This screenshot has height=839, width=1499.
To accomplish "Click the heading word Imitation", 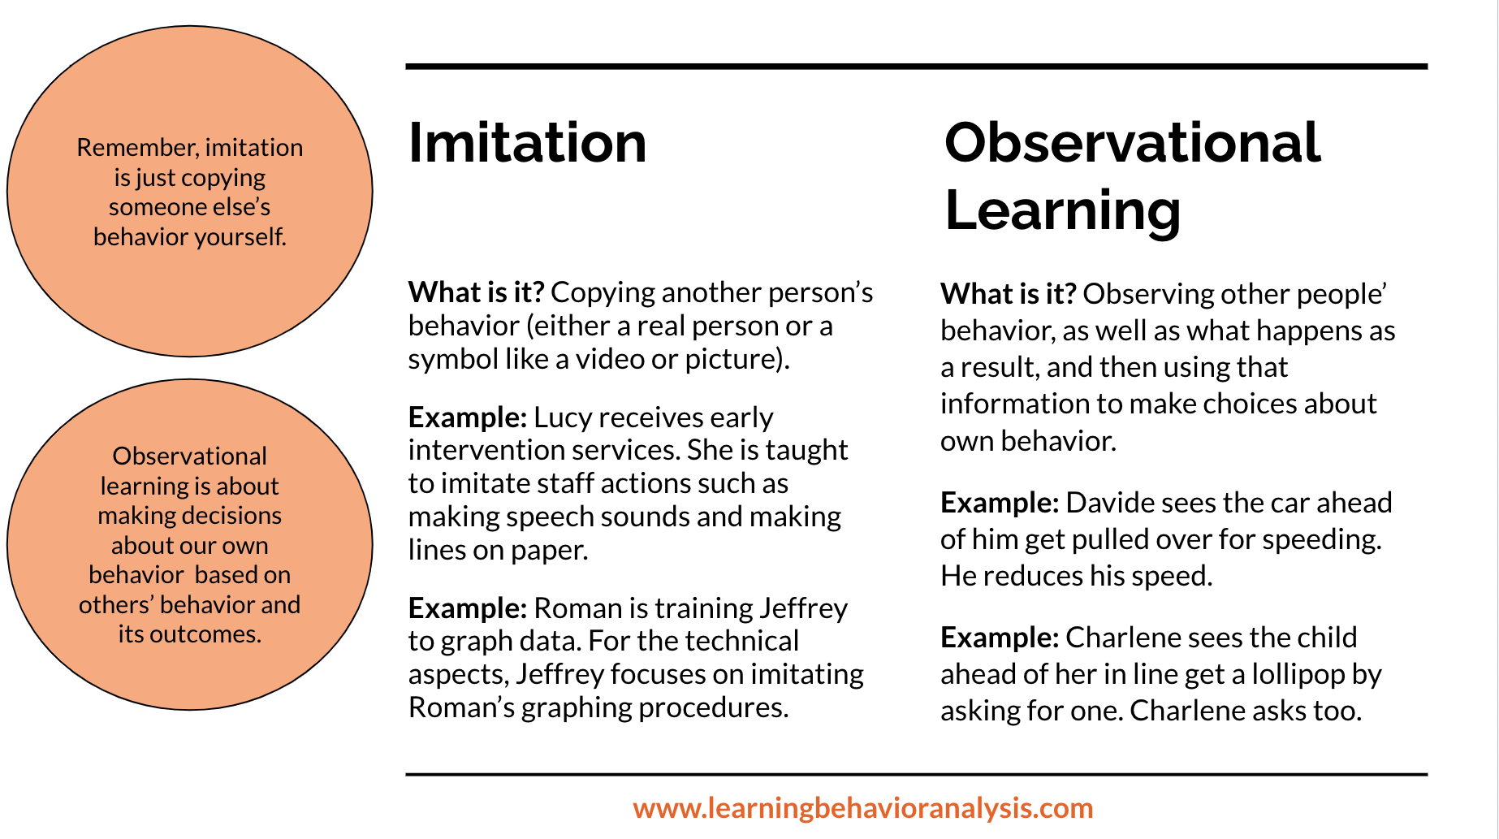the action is point(528,143).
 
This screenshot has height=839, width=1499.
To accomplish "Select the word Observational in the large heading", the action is point(1133,143).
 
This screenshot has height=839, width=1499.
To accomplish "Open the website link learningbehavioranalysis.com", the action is point(863,808).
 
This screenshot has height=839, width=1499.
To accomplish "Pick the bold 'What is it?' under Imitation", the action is point(477,292).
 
